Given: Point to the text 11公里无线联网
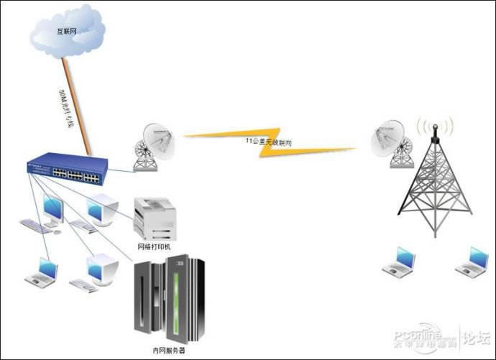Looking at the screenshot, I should [x=268, y=141].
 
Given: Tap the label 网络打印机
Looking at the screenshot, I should [x=155, y=246].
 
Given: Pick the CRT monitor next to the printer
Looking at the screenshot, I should [x=100, y=211].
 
